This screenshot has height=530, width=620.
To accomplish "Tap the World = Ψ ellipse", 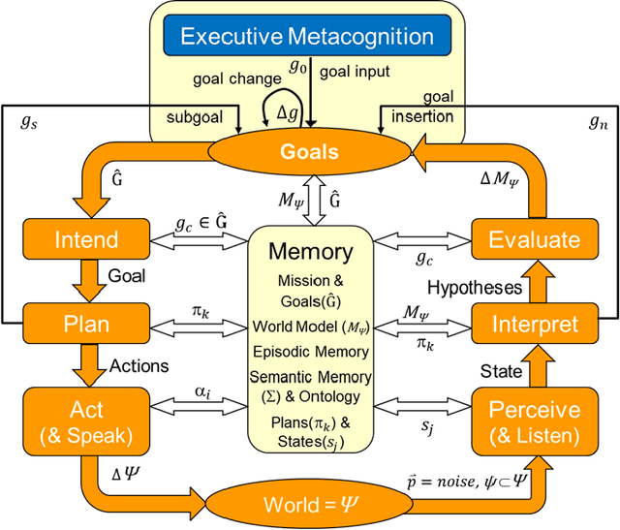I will point(309,504).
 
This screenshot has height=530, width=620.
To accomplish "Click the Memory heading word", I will point(310,252).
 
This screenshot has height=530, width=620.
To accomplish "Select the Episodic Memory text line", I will point(310,351).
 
